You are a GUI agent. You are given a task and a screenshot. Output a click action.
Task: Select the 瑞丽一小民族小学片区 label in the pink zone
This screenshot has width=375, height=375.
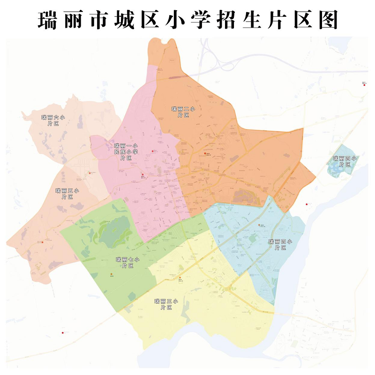pos(125,151)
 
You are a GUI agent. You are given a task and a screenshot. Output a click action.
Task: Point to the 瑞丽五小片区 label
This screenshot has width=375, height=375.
pos(67,194)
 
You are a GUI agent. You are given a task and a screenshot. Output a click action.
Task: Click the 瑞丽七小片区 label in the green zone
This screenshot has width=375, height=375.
pos(128,262)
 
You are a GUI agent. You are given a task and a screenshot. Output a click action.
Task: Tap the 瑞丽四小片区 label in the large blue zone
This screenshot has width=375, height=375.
pos(280,244)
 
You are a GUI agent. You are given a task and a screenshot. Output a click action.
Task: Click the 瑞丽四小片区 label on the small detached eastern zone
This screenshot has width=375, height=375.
pos(345,161)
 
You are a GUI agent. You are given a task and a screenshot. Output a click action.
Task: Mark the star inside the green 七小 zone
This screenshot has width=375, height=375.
pos(112,274)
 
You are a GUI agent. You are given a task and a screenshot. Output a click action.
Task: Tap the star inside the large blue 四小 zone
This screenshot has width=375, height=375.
pos(259,225)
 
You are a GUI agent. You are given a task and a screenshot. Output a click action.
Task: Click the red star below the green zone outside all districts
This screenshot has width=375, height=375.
pos(62,333)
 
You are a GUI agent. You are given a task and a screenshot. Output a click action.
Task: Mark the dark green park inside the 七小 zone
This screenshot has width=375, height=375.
pos(112,232)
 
